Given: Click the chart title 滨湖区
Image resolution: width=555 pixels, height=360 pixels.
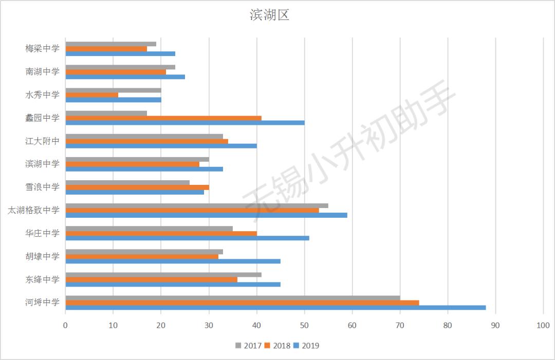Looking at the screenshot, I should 270,15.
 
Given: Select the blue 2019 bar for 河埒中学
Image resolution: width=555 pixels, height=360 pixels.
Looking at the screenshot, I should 275,308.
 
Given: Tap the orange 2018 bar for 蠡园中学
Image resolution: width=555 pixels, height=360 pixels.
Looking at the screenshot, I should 163,118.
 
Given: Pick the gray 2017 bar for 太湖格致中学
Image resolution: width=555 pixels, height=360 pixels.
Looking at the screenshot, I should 197,205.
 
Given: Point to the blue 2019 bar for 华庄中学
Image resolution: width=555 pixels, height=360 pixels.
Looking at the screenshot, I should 187,238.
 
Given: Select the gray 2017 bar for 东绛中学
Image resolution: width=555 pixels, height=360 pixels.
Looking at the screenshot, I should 163,275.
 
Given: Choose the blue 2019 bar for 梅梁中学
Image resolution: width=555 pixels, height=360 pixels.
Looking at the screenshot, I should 120,53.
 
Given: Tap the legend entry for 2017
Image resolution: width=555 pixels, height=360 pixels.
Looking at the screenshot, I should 250,346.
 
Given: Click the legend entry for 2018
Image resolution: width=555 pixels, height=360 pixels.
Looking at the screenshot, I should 278,346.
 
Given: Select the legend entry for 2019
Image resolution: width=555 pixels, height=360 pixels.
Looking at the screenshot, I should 307,346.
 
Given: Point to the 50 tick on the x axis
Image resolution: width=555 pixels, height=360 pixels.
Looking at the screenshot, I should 304,325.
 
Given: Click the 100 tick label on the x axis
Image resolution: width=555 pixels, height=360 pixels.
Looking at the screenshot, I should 543,325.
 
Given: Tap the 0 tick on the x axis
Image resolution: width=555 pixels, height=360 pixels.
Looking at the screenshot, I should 65,325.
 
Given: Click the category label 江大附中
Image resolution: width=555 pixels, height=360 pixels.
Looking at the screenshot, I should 42,141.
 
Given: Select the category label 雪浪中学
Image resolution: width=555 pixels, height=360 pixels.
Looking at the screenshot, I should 42,187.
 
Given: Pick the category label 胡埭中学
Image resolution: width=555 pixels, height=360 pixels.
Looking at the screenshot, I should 42,256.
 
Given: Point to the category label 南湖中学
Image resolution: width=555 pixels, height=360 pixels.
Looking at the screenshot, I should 42,71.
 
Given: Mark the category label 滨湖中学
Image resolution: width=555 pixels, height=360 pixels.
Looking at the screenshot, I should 42,164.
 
